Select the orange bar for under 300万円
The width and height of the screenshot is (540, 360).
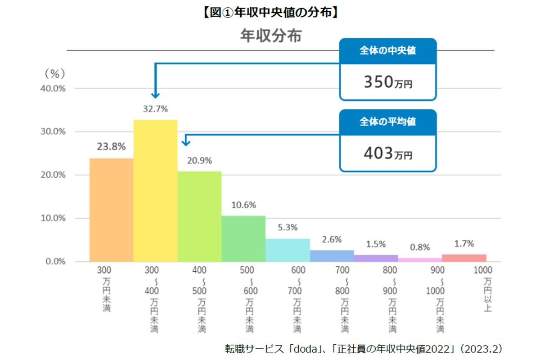pos(111,210)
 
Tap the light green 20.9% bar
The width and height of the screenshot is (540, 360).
pos(199,216)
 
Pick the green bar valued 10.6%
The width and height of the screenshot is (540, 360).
pos(243,238)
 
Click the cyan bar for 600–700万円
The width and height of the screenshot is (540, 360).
pos(288,250)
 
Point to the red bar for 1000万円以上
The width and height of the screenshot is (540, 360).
pos(464,258)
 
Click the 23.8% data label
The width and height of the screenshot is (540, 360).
pos(111,147)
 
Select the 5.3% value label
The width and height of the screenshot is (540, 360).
pos(288,228)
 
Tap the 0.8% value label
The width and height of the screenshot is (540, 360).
pos(420,247)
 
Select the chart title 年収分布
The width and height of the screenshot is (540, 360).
pos(270,36)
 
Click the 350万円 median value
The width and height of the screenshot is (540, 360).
pos(387,82)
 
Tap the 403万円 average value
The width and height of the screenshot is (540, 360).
pos(387,154)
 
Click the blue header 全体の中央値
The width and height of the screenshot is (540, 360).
pos(387,50)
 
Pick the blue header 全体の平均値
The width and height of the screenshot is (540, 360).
pos(387,122)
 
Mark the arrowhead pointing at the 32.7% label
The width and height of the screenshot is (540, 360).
pos(155,95)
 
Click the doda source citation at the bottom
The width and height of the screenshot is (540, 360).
pos(364,348)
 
